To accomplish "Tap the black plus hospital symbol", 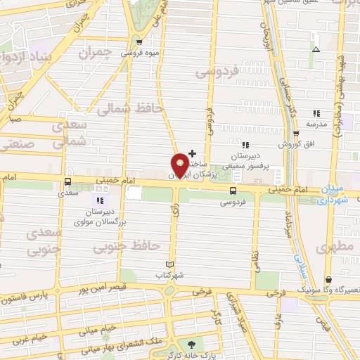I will [x=192, y=153].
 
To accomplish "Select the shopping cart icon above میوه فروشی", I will [x=138, y=41].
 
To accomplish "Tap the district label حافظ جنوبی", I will [x=137, y=247].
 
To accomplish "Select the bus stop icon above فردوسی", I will [x=233, y=190].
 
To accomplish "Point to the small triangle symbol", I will [x=316, y=49].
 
